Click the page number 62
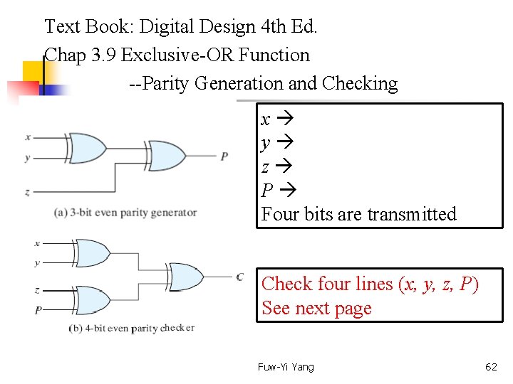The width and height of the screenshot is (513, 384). (x=491, y=367)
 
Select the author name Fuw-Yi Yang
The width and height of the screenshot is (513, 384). (x=286, y=367)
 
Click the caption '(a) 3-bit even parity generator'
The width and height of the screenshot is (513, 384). (x=125, y=212)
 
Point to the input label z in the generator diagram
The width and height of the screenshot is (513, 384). (x=27, y=192)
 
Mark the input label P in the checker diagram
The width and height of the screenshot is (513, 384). (x=38, y=310)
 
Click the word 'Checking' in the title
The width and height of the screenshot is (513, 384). (x=359, y=83)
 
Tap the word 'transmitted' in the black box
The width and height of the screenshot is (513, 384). (x=411, y=214)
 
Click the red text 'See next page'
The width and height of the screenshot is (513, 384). (x=316, y=309)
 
